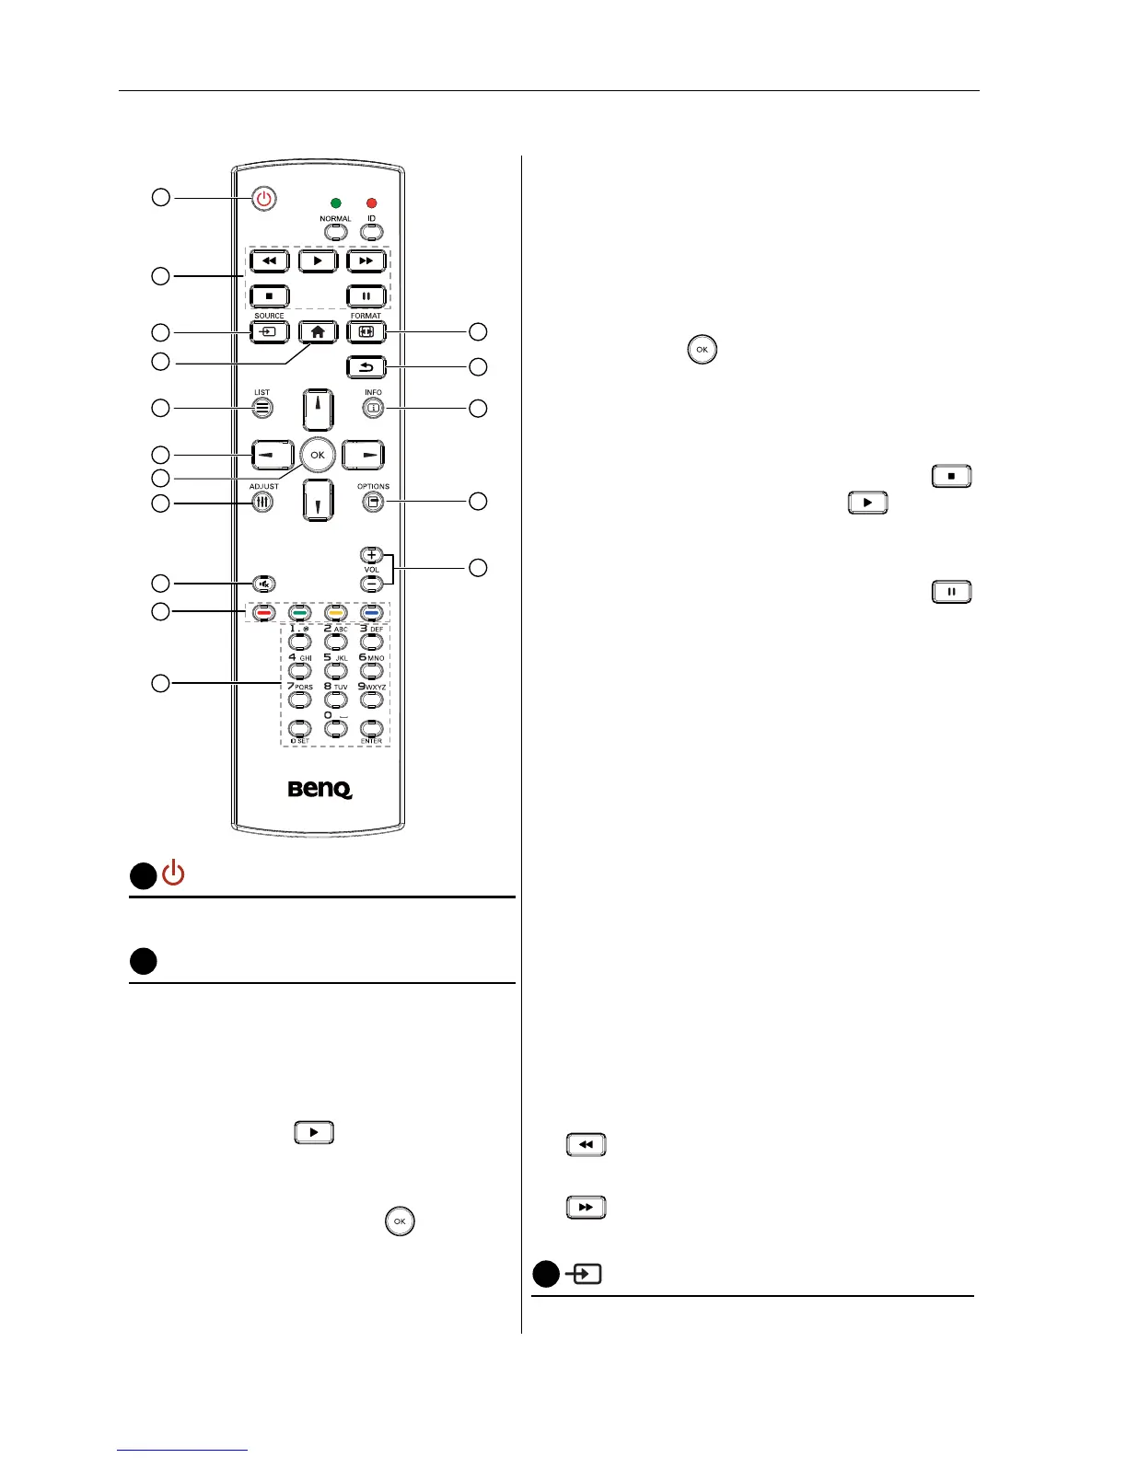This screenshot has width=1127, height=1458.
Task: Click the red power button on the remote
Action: pyautogui.click(x=264, y=199)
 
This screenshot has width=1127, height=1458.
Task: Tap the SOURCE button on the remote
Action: pyautogui.click(x=269, y=331)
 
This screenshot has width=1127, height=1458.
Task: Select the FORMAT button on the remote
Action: pyautogui.click(x=366, y=331)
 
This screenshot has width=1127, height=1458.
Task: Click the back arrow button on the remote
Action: pyautogui.click(x=366, y=367)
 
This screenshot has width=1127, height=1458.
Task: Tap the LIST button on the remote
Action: pyautogui.click(x=262, y=408)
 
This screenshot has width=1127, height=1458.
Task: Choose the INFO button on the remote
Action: pyautogui.click(x=372, y=408)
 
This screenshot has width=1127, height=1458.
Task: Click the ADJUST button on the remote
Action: pyautogui.click(x=262, y=503)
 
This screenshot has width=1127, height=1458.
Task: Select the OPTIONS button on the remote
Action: pyautogui.click(x=372, y=502)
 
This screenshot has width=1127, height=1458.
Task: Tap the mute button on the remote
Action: pyautogui.click(x=264, y=583)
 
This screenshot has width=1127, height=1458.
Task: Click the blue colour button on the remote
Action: pyautogui.click(x=371, y=612)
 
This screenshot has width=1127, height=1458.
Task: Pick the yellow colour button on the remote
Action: pyautogui.click(x=335, y=612)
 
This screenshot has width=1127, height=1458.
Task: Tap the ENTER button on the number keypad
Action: pyautogui.click(x=371, y=728)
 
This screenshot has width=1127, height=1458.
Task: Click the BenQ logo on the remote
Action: pyautogui.click(x=320, y=790)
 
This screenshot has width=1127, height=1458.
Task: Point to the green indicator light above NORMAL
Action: pyautogui.click(x=335, y=202)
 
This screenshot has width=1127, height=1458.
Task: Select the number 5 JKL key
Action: pyautogui.click(x=335, y=670)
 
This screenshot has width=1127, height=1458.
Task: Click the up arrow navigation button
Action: pyautogui.click(x=317, y=411)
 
